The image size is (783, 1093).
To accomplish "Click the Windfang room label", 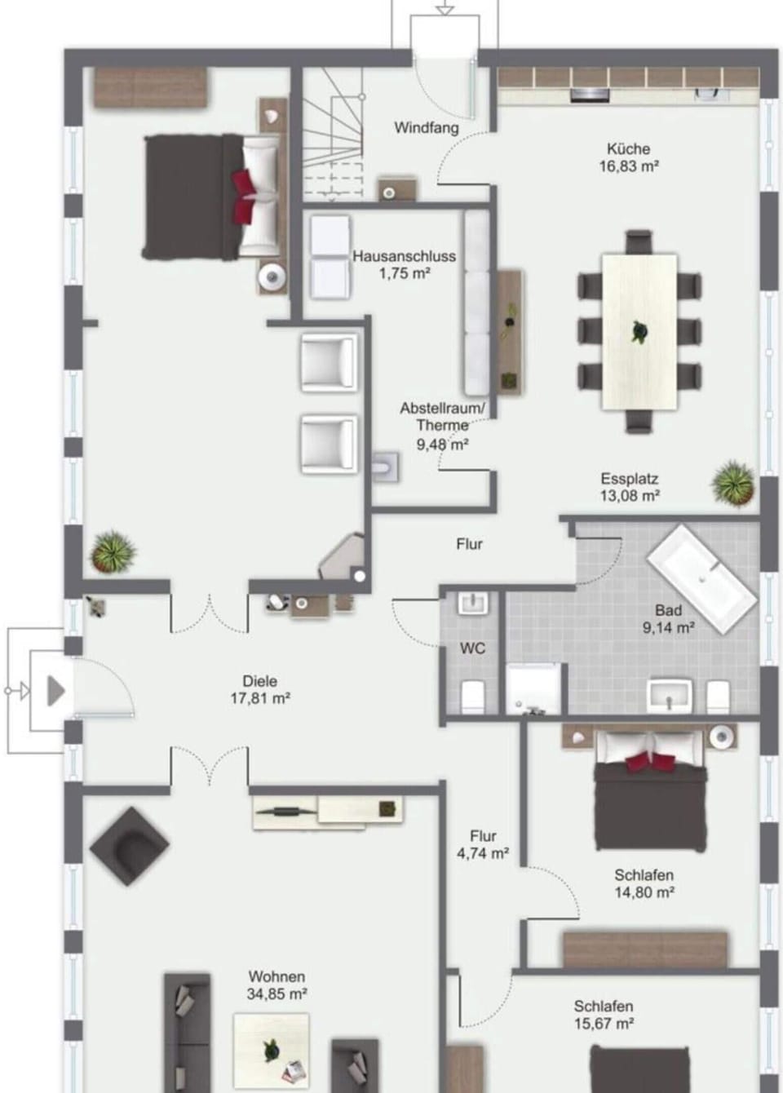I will click(426, 128).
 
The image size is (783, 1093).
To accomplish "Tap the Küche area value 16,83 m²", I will click(628, 166).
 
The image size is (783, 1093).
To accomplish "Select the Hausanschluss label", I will click(404, 256).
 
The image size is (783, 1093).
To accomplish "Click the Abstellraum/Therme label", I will click(442, 416).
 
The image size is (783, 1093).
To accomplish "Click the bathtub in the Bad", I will click(702, 578).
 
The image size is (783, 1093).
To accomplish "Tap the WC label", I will click(472, 648).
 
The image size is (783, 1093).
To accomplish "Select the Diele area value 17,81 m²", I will click(259, 699).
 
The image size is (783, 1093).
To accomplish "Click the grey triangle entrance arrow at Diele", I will click(55, 691).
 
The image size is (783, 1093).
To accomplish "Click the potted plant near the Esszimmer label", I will click(732, 483).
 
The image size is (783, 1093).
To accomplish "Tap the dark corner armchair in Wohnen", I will click(130, 849).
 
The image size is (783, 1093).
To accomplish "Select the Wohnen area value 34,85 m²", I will click(276, 994).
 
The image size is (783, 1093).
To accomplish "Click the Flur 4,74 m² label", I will click(483, 845).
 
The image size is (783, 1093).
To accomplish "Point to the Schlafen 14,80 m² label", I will click(644, 884).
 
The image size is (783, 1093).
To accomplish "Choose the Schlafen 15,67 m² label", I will click(603, 1015).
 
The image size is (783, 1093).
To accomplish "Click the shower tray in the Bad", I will click(533, 688).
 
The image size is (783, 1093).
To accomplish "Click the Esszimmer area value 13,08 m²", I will click(630, 496).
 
